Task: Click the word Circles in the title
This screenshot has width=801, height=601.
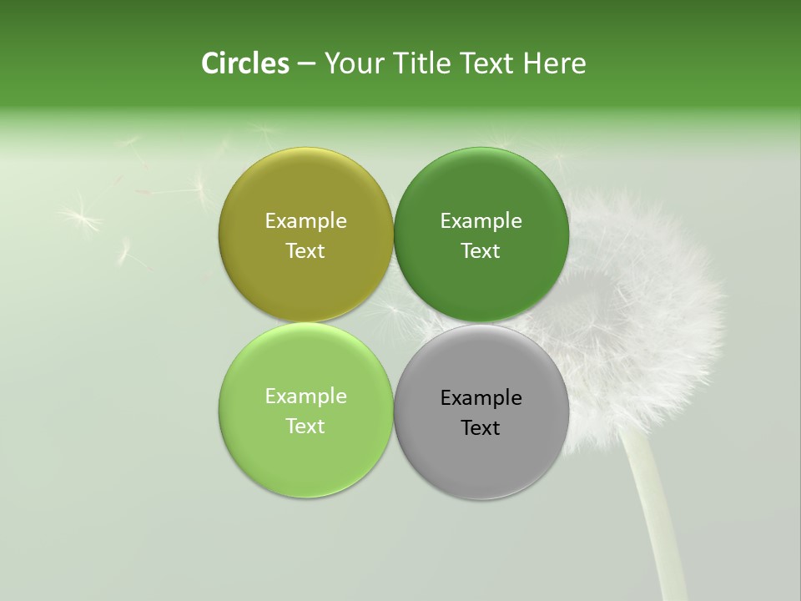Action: click(x=245, y=63)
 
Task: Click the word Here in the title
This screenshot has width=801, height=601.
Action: click(x=557, y=63)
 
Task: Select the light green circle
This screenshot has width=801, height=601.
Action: click(x=305, y=459)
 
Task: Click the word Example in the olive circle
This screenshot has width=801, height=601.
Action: click(x=305, y=220)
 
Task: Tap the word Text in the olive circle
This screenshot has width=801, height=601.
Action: click(x=305, y=250)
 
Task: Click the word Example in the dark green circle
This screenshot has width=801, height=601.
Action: click(x=481, y=220)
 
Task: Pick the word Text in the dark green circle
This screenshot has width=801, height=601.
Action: click(x=481, y=250)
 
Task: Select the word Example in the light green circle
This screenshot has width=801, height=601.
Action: click(x=305, y=396)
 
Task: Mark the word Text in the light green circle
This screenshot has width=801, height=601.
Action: click(x=305, y=426)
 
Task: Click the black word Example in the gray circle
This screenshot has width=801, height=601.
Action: click(x=481, y=397)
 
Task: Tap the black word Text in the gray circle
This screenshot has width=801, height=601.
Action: click(x=481, y=427)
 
